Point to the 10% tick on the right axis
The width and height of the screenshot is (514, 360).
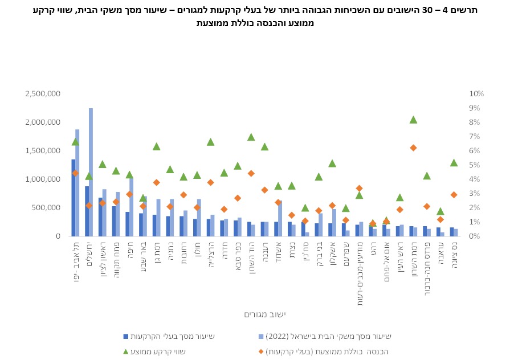point(476,94)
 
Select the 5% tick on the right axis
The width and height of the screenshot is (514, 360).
point(474,165)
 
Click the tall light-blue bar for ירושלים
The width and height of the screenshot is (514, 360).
point(91,171)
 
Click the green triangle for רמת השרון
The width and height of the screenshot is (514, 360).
point(413,120)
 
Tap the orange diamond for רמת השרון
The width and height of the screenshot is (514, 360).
point(413,148)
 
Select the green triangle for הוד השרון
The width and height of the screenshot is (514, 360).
point(251,137)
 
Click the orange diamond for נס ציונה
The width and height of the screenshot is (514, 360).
point(454,195)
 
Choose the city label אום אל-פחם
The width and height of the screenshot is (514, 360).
point(386,261)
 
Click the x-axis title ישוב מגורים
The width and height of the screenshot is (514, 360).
point(264,314)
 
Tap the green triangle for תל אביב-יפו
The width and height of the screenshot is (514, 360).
point(75,141)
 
